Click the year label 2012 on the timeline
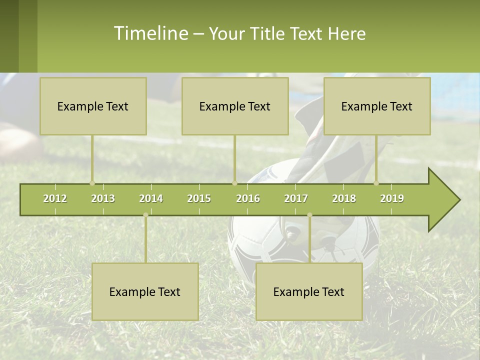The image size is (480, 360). point(55,198)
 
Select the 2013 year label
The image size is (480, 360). point(103,198)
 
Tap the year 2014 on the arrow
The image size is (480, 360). point(151,198)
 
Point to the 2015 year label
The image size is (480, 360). point(199,198)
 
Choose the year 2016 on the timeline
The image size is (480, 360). point(248,198)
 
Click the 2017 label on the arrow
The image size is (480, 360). point(296,198)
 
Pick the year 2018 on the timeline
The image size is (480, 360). point(344,198)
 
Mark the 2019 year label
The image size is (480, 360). point(392,198)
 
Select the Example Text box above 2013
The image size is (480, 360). point(93,106)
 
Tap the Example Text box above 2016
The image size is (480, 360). point(235,106)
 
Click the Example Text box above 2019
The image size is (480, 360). point(377,106)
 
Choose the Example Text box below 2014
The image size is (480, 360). point(145,291)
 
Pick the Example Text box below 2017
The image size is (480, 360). point(309,291)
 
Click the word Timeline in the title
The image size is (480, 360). point(150,33)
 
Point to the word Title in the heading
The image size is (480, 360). point(268,33)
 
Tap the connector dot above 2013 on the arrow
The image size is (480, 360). point(92,183)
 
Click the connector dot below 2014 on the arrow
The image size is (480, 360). point(145,215)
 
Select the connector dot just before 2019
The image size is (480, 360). point(376,183)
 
